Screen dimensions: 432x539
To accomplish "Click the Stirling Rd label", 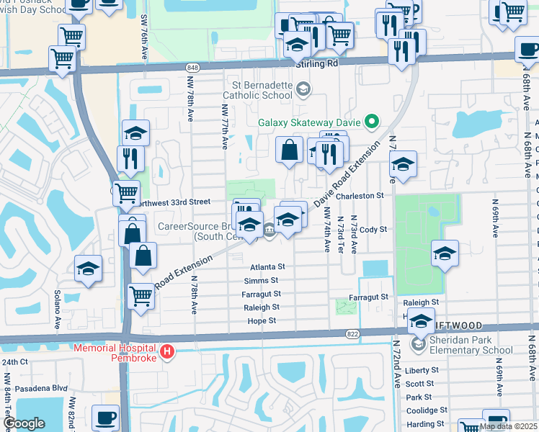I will pos(317,63).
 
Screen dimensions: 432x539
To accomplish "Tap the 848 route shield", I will pos(192,68).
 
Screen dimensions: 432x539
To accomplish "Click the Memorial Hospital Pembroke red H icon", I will pos(167,351).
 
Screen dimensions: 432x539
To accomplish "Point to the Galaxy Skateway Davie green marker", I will pos(372,121).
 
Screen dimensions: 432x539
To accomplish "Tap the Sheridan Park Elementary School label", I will pos(467,346).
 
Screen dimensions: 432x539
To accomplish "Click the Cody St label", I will pos(373,229).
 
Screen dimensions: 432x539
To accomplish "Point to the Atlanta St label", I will pos(268,266).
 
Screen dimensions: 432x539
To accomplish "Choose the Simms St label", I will pos(261,280).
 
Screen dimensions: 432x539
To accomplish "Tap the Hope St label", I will pos(262,320).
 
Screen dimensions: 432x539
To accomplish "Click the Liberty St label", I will pos(418,370).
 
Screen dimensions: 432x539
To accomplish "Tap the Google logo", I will pos(24,423).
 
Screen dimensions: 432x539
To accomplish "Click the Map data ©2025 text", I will pos(509,426).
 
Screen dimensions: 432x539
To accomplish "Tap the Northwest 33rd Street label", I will pos(177,202).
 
